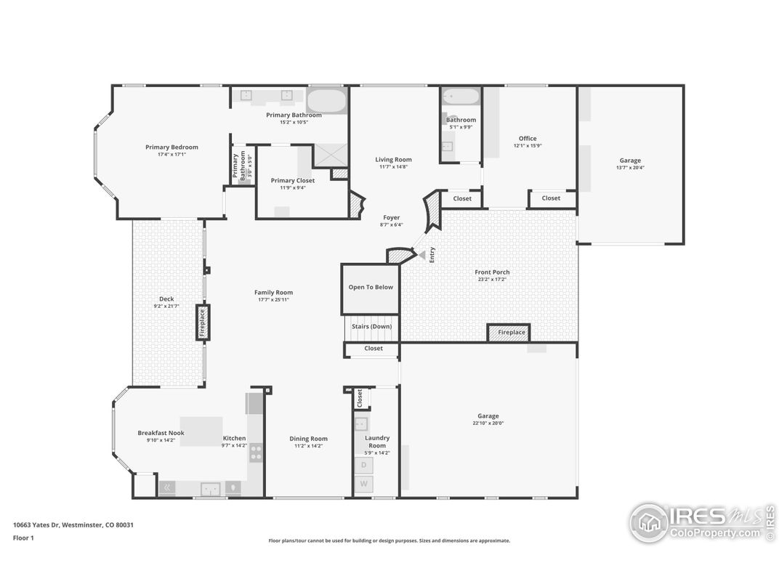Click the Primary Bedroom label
point(171,147)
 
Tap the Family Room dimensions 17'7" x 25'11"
point(273,300)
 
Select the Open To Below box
point(371,288)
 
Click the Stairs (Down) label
point(371,327)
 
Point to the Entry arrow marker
point(421,255)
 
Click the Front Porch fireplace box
point(508,333)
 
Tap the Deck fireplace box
point(203,323)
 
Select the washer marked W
point(363,483)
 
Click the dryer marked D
point(363,464)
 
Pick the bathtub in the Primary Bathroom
point(326,100)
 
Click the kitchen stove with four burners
point(256,453)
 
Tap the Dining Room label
point(309,439)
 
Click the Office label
point(528,139)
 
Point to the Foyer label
point(392,217)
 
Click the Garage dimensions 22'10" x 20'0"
point(488,423)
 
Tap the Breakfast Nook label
point(161,433)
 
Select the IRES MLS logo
point(701,522)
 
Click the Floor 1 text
point(23,538)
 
